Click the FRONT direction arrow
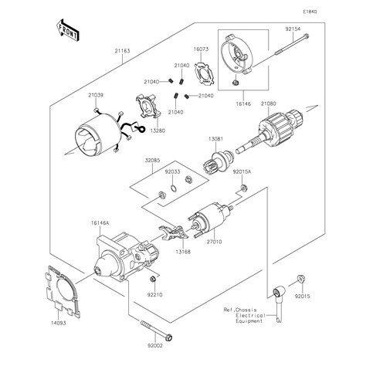[x=67, y=30]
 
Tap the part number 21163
[x=122, y=51]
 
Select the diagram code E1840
[x=310, y=12]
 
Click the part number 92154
[x=293, y=29]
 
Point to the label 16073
[x=201, y=49]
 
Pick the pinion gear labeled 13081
[x=219, y=161]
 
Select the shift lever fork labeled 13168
[x=173, y=232]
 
